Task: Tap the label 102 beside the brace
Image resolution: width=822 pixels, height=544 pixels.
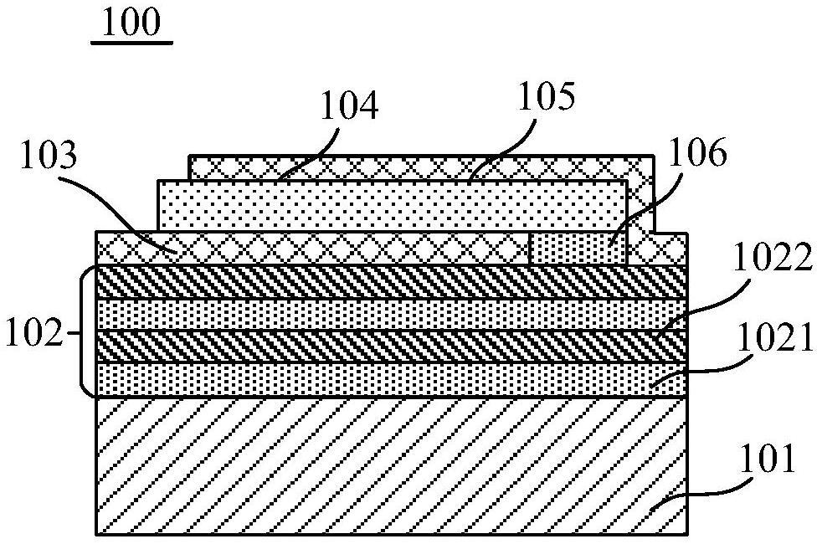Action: [x=34, y=335]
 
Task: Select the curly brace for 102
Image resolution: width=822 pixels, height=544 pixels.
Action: [x=85, y=331]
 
